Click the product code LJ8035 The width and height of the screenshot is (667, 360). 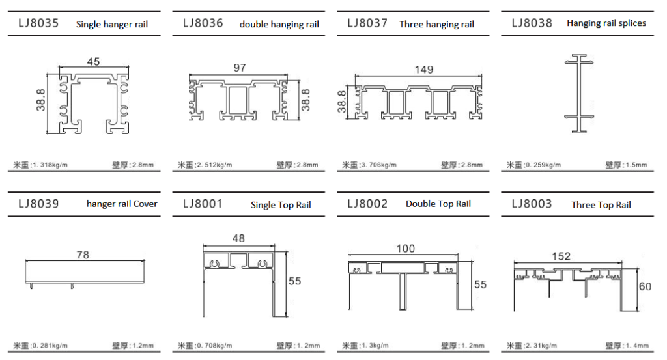click(x=38, y=23)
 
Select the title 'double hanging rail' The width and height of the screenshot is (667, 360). click(x=279, y=24)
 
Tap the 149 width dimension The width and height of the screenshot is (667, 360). click(x=423, y=69)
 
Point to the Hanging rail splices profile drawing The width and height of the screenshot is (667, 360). click(x=579, y=94)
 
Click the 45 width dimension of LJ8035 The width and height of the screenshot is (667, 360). click(x=93, y=62)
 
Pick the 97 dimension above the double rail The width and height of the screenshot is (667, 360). click(x=240, y=68)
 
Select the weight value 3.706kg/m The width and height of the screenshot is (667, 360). click(x=378, y=165)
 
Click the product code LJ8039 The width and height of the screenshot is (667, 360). click(x=38, y=204)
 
